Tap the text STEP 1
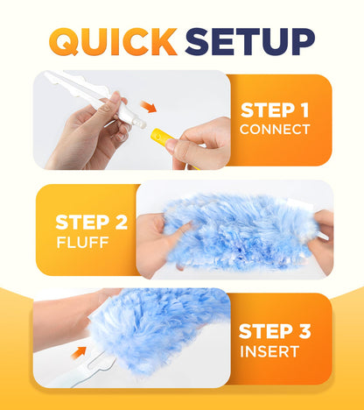275,110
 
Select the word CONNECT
275,130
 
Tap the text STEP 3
275,332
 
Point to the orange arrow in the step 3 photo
80,353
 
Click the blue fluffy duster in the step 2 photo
236,230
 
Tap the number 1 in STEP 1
304,110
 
